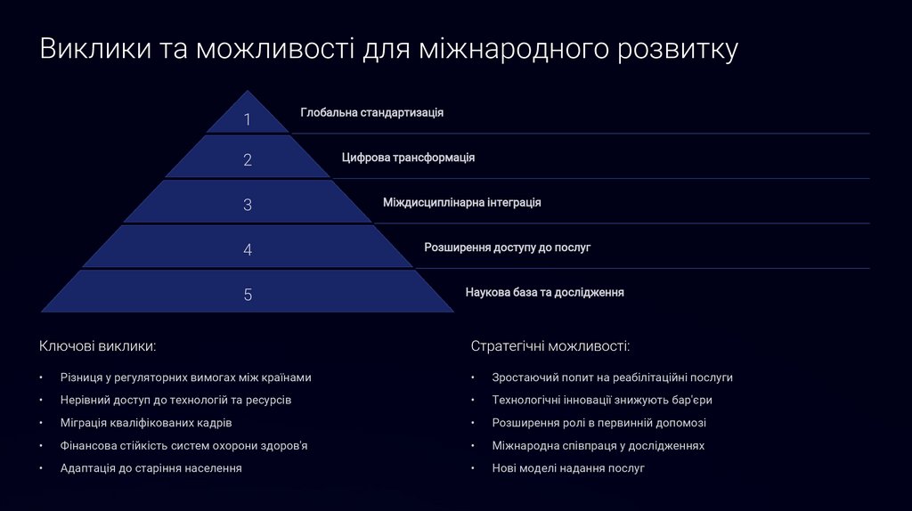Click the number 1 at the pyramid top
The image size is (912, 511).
click(248, 119)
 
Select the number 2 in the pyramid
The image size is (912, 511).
click(248, 160)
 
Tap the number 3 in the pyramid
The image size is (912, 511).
click(248, 205)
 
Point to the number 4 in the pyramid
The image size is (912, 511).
click(248, 250)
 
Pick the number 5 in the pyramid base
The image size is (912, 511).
click(248, 295)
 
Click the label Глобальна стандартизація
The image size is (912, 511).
click(371, 113)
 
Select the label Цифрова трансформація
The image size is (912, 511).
click(408, 158)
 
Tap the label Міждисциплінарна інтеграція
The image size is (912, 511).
click(461, 202)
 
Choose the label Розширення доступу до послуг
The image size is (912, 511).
click(507, 247)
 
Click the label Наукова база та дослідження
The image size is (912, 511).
click(544, 292)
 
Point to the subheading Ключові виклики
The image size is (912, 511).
click(98, 345)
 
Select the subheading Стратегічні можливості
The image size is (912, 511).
click(550, 345)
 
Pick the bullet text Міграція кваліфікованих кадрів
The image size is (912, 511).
click(146, 423)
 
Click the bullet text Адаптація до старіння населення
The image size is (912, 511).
click(151, 467)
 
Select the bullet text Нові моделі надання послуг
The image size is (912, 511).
click(567, 467)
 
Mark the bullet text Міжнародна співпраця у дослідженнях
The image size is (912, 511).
click(598, 445)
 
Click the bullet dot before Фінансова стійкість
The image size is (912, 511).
click(42, 446)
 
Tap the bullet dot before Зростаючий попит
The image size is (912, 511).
click(473, 378)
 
